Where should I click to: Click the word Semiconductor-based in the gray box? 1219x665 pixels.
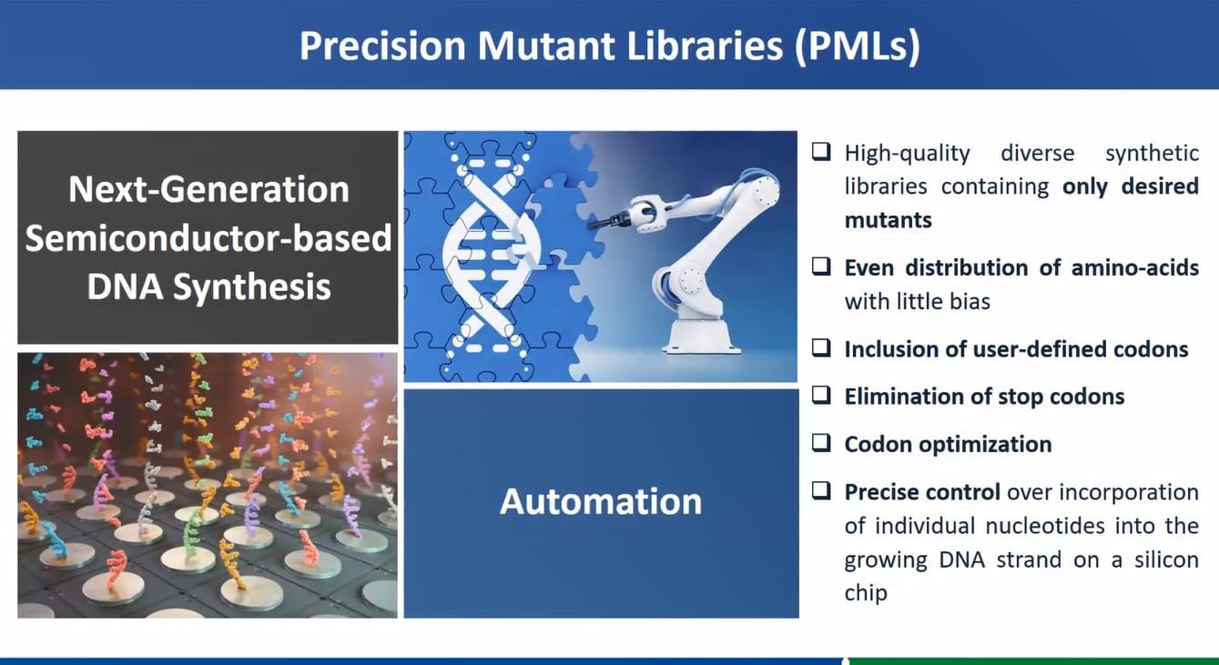(x=208, y=238)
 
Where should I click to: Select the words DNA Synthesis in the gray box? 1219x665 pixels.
(x=208, y=287)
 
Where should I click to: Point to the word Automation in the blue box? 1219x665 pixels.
(x=601, y=502)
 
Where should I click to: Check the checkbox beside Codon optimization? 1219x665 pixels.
(x=821, y=443)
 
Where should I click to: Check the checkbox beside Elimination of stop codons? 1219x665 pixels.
(x=821, y=396)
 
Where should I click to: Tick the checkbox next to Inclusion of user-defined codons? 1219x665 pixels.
(x=821, y=348)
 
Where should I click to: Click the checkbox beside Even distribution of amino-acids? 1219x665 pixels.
(x=821, y=267)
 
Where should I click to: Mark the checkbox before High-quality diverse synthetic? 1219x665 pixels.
(x=821, y=151)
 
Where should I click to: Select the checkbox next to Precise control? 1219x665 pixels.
(x=821, y=491)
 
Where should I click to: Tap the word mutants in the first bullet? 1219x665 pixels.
(x=888, y=220)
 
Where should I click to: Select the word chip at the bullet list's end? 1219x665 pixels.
(x=865, y=593)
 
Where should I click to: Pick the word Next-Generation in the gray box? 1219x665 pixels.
(x=208, y=190)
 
